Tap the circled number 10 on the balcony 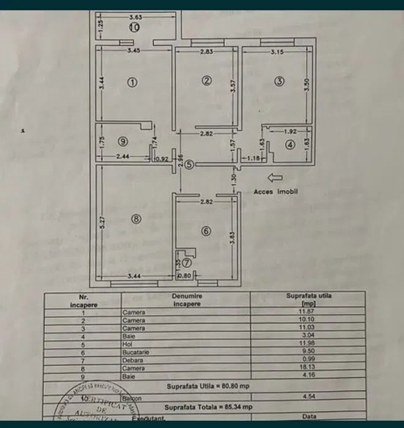coord(134,27)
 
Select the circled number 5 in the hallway coord(190,164)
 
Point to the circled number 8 coord(136,218)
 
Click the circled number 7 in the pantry coord(187,263)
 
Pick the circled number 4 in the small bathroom coord(290,145)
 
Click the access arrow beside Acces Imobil coord(275,178)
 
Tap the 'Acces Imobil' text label coord(275,191)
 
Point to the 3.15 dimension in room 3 coord(279,52)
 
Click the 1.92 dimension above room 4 coord(290,131)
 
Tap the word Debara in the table coord(132,360)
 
